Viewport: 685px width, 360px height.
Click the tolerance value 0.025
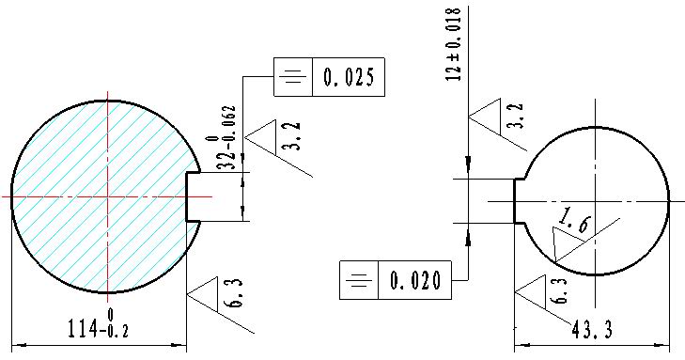pyautogui.click(x=349, y=77)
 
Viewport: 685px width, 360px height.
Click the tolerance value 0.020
pyautogui.click(x=415, y=280)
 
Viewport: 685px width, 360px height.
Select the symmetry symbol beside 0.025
pyautogui.click(x=293, y=77)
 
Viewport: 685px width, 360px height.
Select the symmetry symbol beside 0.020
pyautogui.click(x=359, y=280)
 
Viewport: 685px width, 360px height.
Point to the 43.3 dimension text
pyautogui.click(x=592, y=330)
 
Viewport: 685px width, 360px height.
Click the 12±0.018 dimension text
pyautogui.click(x=454, y=44)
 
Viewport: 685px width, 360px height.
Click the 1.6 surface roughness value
pyautogui.click(x=574, y=221)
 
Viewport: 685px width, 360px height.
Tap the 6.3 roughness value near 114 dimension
pyautogui.click(x=236, y=293)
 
